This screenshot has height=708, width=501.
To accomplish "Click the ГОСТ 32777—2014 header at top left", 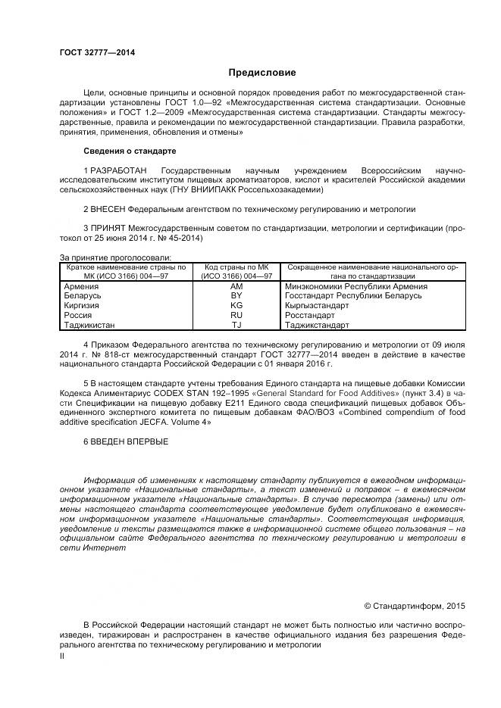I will point(92,52).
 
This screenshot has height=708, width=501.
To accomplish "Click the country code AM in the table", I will point(236,287).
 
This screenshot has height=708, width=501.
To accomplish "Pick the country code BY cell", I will point(236,296).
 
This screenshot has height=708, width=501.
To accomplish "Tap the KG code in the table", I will point(236,305).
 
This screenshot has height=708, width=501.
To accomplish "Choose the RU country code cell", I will point(236,315).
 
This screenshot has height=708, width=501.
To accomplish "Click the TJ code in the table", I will point(236,325).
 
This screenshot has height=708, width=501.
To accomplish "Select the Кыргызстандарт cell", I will point(317,306).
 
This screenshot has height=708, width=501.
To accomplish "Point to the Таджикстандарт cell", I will point(318,325).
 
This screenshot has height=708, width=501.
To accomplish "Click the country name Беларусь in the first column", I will point(83,296).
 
